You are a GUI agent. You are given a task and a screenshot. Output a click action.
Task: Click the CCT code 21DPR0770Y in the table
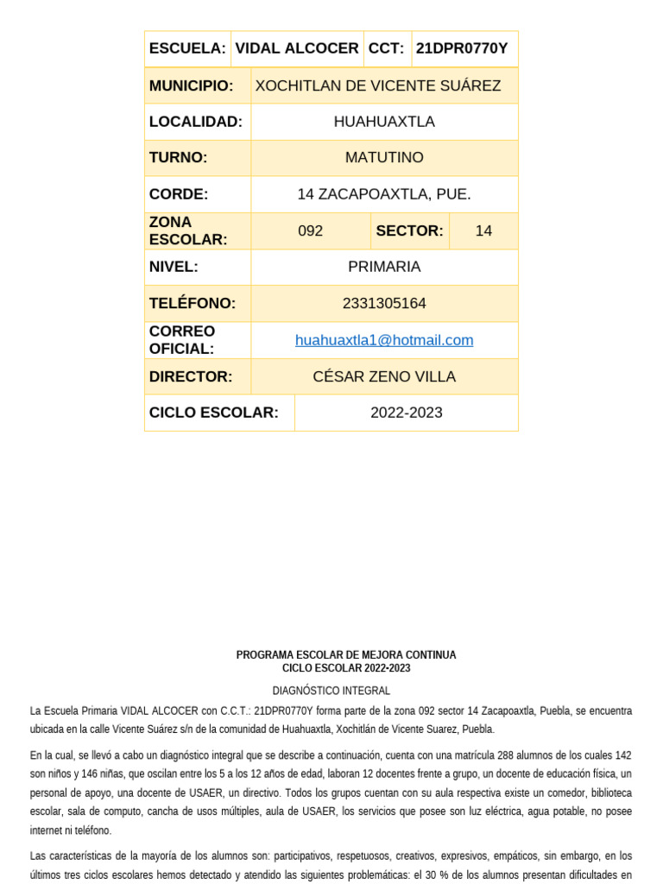(x=462, y=48)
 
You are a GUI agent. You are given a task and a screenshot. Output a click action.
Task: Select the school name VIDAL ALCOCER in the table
(x=297, y=48)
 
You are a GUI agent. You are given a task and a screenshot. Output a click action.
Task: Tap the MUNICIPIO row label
(x=191, y=85)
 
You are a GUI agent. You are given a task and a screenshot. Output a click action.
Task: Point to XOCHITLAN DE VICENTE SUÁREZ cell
(x=378, y=85)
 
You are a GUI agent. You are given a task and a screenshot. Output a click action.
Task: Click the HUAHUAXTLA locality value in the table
(x=384, y=122)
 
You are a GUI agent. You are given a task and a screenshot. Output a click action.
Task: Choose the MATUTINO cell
(x=384, y=157)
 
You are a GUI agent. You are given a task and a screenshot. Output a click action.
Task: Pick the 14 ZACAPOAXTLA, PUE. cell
(x=384, y=194)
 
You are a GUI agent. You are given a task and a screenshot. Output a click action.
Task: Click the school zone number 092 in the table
(x=310, y=230)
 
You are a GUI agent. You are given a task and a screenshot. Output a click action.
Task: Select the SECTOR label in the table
(x=409, y=230)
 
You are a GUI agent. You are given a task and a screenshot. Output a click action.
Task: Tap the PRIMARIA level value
(x=384, y=267)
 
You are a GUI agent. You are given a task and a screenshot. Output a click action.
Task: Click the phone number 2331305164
(x=384, y=303)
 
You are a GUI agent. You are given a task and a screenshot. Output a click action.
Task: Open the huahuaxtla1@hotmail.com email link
(x=384, y=340)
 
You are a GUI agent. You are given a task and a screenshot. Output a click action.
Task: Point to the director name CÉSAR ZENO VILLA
(x=384, y=376)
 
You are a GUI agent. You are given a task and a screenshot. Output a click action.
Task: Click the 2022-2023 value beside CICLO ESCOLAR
(x=407, y=413)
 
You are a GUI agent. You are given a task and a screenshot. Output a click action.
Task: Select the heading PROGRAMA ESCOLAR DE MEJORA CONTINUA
(x=346, y=655)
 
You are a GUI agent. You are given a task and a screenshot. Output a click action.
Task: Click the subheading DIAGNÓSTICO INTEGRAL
(x=331, y=691)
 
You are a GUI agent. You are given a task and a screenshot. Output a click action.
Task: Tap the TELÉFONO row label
(x=192, y=303)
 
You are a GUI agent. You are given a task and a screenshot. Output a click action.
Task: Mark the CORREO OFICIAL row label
(x=182, y=340)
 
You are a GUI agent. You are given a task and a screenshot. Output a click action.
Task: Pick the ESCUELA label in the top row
(x=187, y=48)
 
